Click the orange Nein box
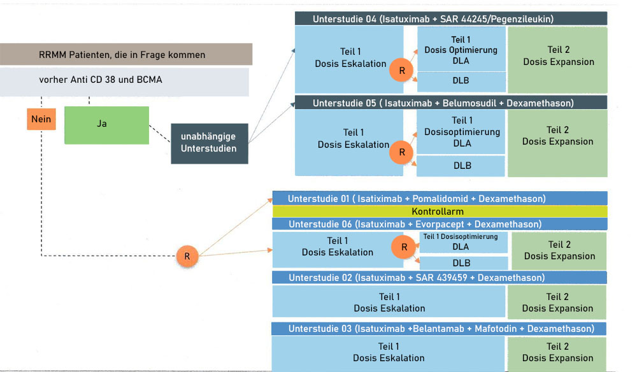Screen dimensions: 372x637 (41, 119)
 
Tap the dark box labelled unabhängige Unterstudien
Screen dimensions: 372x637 (208, 143)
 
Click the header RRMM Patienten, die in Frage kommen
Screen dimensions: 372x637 (126, 55)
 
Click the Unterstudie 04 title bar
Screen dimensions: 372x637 (450, 19)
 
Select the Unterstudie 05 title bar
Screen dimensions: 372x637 (450, 103)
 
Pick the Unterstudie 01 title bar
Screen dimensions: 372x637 (440, 198)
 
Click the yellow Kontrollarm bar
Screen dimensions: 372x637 (440, 211)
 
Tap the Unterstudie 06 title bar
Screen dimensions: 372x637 (440, 224)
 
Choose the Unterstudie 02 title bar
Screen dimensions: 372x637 (440, 277)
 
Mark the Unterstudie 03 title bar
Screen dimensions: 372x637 (440, 329)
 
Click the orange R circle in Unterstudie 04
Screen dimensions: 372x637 (401, 71)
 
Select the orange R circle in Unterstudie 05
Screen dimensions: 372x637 (401, 152)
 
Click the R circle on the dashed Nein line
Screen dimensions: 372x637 (187, 256)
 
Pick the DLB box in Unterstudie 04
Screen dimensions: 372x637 (461, 82)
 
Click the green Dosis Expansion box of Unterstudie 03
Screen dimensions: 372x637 (557, 352)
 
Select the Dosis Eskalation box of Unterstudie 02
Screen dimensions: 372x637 (389, 303)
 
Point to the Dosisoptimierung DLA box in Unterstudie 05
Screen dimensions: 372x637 (461, 132)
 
